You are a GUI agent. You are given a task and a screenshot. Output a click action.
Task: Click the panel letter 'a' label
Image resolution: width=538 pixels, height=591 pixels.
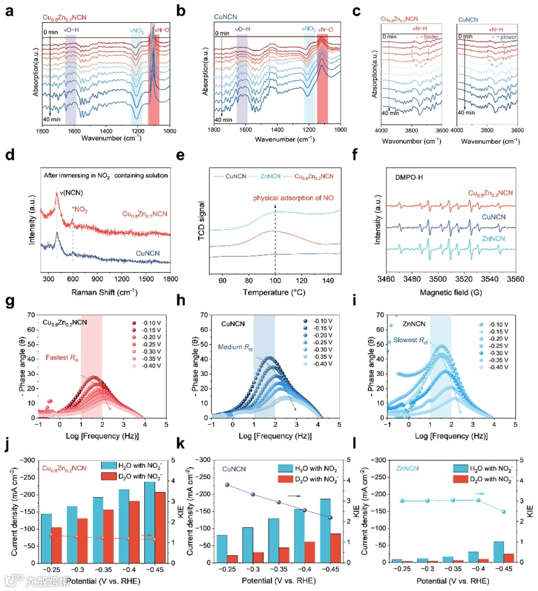(9, 10)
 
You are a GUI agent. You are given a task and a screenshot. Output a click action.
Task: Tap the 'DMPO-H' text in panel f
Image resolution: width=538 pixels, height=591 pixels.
(409, 177)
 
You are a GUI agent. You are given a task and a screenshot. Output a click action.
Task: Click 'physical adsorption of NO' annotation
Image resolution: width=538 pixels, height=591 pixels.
(293, 198)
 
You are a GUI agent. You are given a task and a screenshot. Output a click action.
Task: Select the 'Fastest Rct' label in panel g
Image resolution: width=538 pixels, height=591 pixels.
(62, 357)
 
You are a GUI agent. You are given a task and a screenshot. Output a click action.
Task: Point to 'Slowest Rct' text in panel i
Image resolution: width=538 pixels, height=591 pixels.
(410, 341)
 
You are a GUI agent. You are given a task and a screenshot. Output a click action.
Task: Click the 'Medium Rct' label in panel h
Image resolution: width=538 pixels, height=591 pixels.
(236, 347)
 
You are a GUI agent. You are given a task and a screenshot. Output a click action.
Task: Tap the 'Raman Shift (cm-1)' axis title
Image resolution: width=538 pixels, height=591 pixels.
(104, 292)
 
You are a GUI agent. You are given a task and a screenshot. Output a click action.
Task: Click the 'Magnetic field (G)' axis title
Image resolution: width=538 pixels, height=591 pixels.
(451, 293)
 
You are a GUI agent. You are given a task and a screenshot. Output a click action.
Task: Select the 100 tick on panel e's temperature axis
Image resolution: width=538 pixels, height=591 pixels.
(275, 280)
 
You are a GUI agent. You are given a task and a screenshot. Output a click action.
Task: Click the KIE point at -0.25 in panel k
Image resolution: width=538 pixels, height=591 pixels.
(227, 484)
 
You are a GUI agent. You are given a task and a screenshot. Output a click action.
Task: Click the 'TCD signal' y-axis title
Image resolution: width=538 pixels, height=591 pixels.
(202, 221)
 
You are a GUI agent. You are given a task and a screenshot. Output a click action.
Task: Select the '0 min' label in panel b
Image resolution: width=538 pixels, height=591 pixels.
(222, 33)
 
